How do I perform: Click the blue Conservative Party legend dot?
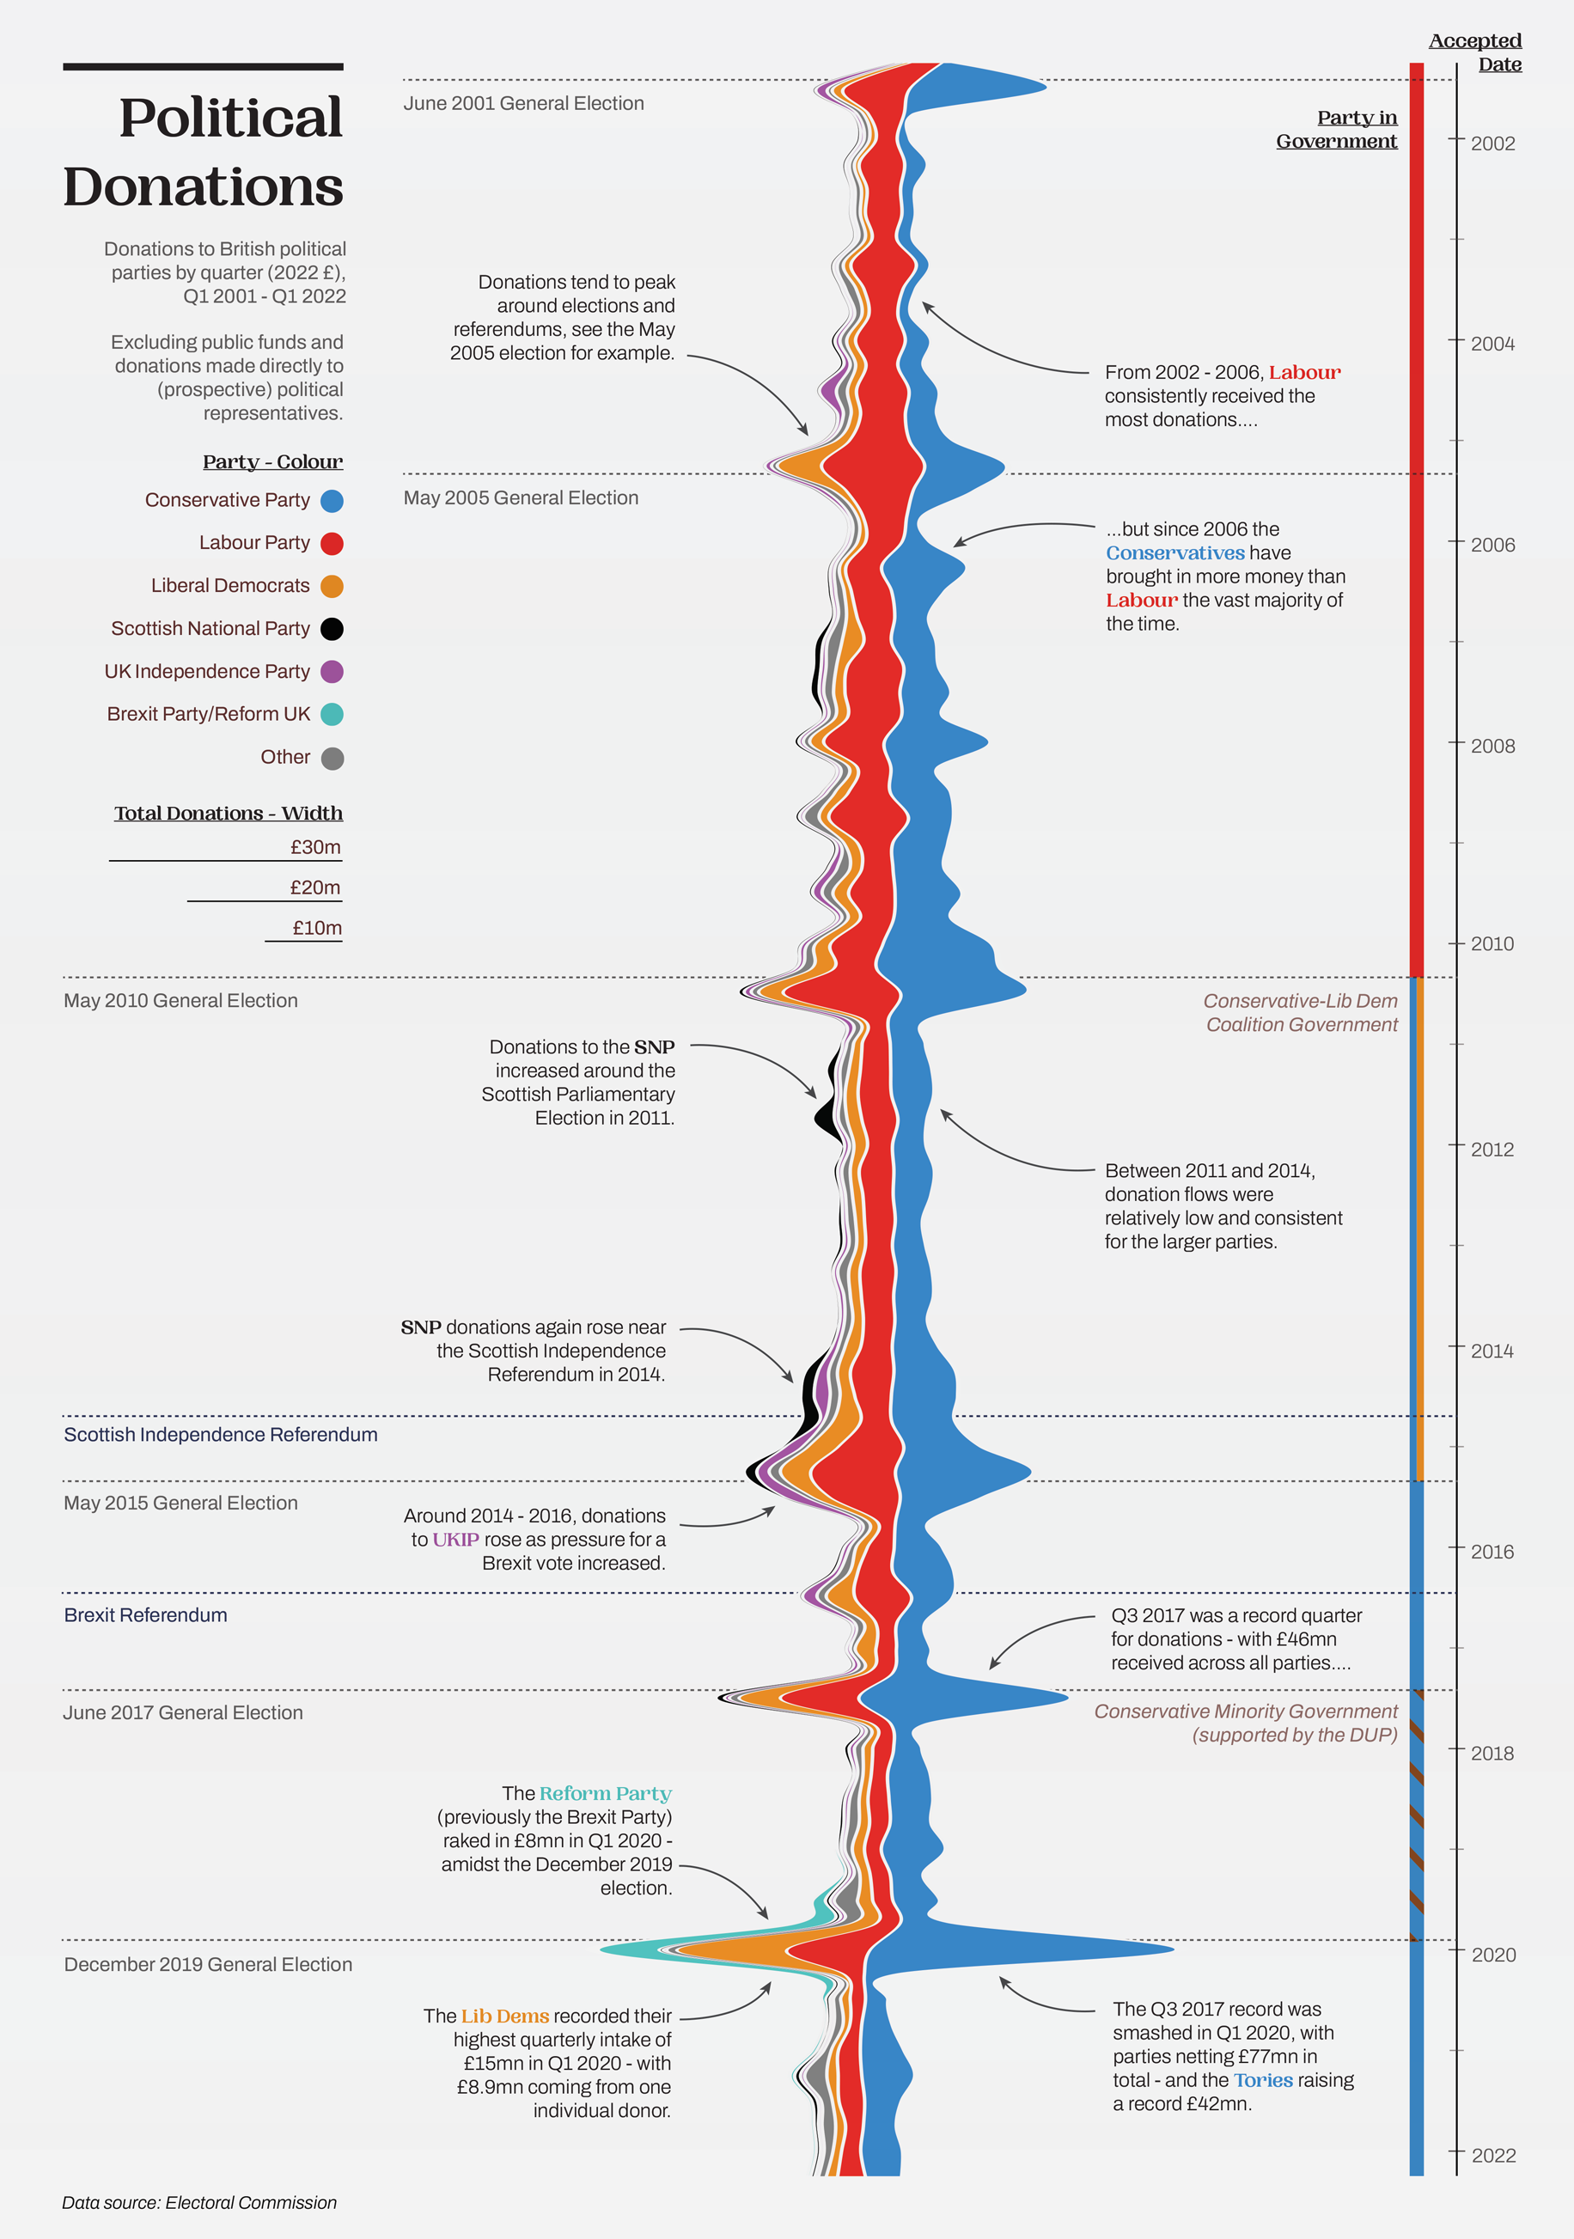pos(332,501)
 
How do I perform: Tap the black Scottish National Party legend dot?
pos(332,629)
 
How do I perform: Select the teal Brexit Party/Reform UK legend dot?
pos(332,714)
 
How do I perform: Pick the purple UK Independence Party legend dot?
pos(332,672)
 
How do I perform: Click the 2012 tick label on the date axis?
pos(1492,1150)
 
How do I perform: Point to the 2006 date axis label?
pos(1492,545)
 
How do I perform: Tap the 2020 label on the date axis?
pos(1493,1955)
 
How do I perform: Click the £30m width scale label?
pos(315,847)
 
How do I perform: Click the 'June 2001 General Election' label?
pos(524,103)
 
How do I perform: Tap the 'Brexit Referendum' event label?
pos(145,1615)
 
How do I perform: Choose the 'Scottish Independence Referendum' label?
pos(221,1435)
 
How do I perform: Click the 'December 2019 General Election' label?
pos(208,1964)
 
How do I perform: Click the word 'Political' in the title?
pos(230,118)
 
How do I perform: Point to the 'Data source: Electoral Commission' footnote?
pos(199,2203)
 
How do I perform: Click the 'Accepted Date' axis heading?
pos(1476,52)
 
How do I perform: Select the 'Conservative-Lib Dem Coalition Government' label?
pos(1301,1012)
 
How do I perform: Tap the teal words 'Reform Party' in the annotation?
pos(605,1793)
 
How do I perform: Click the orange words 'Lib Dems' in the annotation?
pos(505,2016)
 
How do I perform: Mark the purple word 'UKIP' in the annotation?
pos(455,1540)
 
